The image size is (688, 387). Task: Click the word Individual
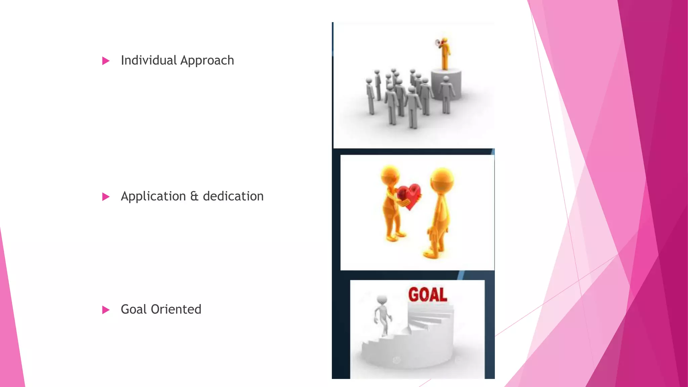[149, 60]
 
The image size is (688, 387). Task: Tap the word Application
[153, 197]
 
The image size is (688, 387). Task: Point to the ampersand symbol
[194, 196]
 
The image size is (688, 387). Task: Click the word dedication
[233, 196]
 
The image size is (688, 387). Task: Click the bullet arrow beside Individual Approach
[106, 61]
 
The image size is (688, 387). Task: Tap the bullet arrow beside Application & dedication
[106, 197]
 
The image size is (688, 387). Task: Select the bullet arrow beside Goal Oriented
[106, 310]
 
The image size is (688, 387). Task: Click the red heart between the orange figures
[408, 195]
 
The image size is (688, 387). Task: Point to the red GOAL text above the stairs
[428, 295]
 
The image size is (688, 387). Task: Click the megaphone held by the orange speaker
[438, 43]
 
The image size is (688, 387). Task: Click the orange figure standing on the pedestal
[445, 54]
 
